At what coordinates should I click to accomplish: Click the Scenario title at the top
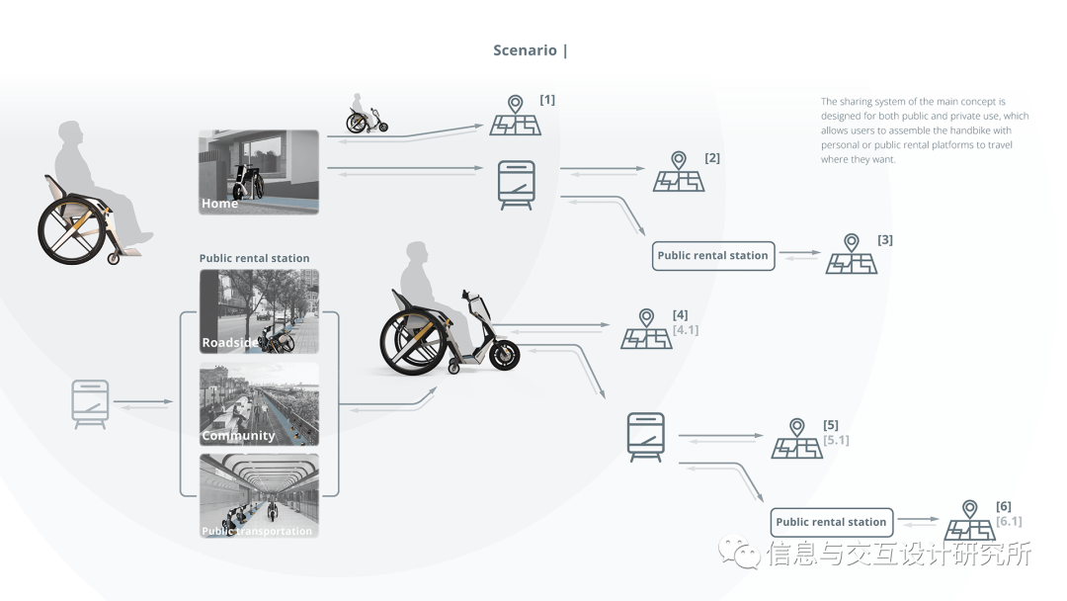click(x=531, y=50)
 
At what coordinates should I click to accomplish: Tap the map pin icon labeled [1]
click(x=515, y=117)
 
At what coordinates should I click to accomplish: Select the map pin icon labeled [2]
click(x=679, y=173)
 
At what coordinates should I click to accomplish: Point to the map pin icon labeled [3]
click(x=852, y=255)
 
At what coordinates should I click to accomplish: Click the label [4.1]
click(x=686, y=330)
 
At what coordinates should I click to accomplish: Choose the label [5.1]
click(x=836, y=441)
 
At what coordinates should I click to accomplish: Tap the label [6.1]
click(x=1009, y=522)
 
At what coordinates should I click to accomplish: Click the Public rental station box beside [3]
click(x=712, y=256)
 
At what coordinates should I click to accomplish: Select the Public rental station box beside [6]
click(x=831, y=522)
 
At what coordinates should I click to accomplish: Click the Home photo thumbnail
click(x=259, y=172)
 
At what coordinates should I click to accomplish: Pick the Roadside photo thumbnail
click(x=259, y=311)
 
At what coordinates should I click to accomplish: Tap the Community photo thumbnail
click(x=259, y=404)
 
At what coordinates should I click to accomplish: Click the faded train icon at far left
click(x=90, y=404)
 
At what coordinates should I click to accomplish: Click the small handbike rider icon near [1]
click(x=366, y=116)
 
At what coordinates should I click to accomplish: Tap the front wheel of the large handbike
click(x=503, y=355)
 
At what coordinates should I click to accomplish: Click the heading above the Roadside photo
click(x=254, y=259)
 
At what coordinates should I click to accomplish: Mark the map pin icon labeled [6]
click(x=970, y=522)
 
